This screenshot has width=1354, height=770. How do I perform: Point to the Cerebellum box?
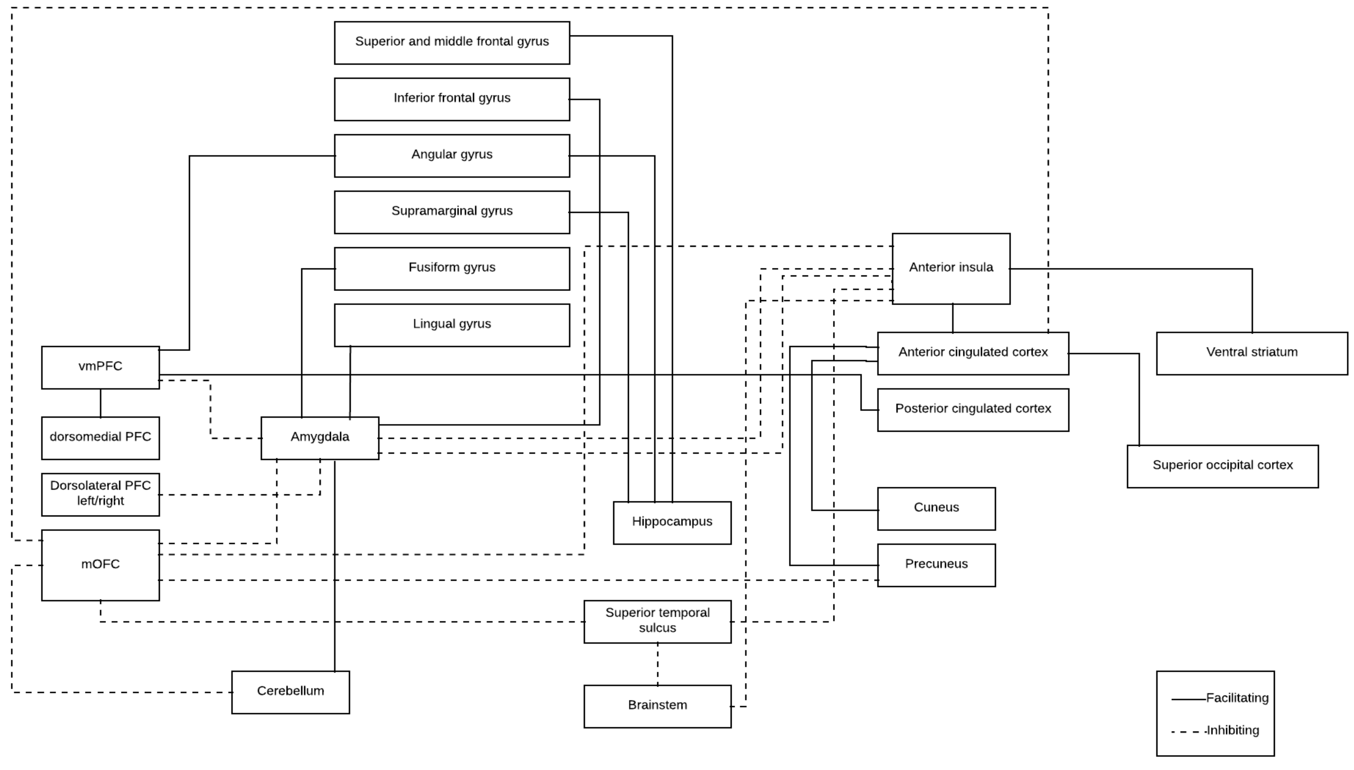click(290, 692)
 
